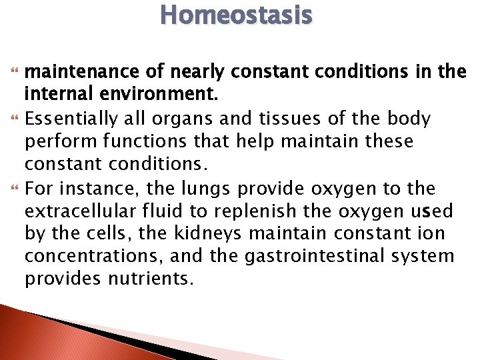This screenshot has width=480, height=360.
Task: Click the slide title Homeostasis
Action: point(236,15)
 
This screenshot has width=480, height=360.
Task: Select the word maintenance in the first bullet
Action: point(85,71)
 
